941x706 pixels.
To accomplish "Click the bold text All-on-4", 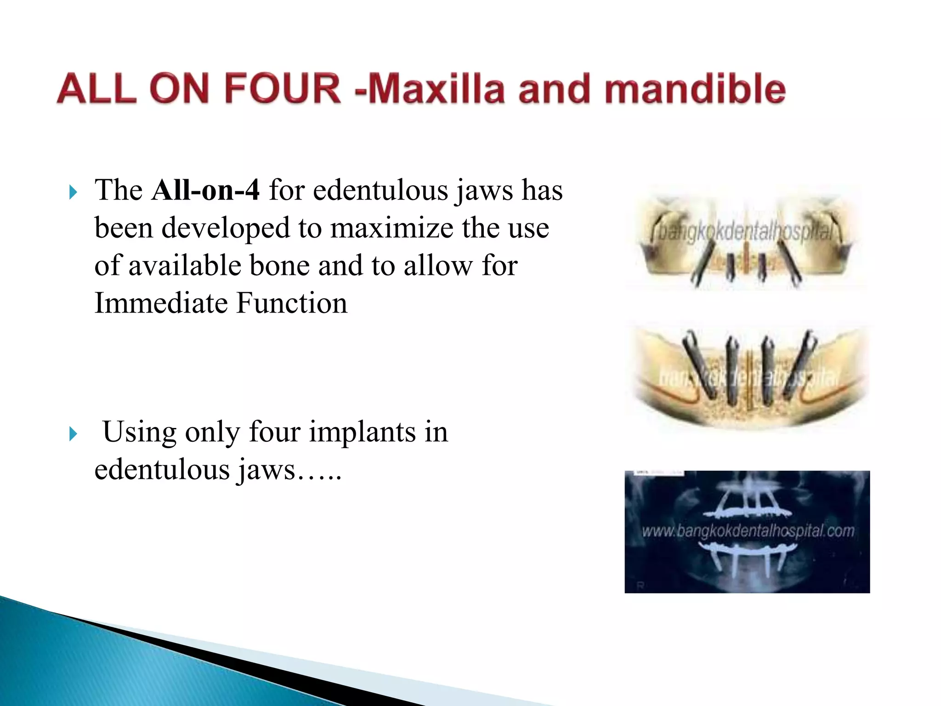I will pos(205,190).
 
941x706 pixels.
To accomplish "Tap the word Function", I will pos(292,303).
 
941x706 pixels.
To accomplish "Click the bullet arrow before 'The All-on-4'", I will pos(73,192).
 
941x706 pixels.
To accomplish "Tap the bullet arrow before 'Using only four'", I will pos(73,434).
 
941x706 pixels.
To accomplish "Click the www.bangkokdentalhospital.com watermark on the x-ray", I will pos(748,531).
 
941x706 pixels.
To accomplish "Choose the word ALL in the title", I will pos(97,88).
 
